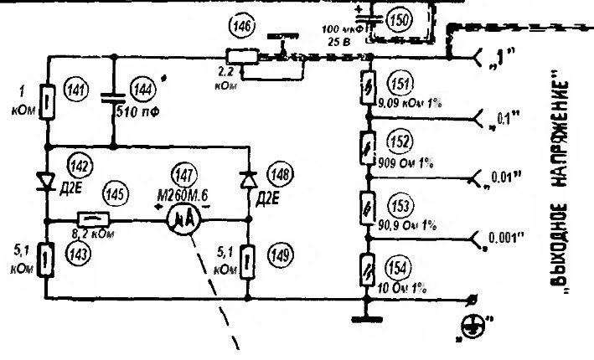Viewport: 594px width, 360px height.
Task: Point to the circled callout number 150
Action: pyautogui.click(x=401, y=20)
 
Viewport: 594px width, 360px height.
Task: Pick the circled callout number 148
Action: pyautogui.click(x=280, y=175)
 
